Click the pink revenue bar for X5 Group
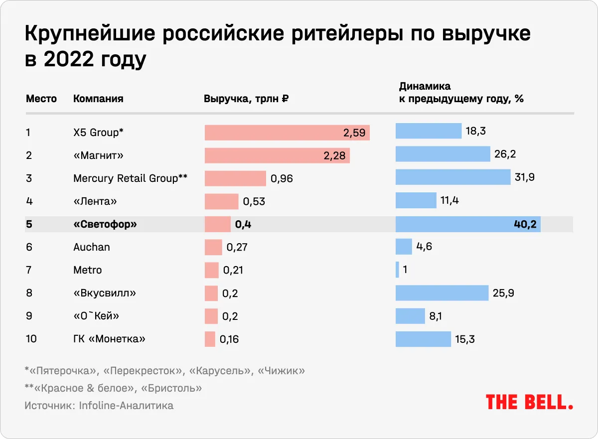[x=287, y=133]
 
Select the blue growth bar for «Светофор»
[x=467, y=224]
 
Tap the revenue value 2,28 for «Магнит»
[x=334, y=156]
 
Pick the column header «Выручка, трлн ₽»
[x=247, y=99]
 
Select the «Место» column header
[x=41, y=99]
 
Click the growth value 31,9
[x=525, y=178]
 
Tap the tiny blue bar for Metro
[x=397, y=270]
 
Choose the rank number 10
[x=31, y=339]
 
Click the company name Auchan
[x=92, y=247]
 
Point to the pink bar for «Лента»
[x=221, y=201]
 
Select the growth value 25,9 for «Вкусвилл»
[x=503, y=293]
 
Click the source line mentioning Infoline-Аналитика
[x=99, y=406]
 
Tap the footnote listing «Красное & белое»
[x=113, y=388]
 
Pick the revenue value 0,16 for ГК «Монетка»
[x=229, y=340]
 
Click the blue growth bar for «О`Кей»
[x=410, y=316]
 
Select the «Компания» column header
[x=98, y=99]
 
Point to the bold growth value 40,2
[x=525, y=225]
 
